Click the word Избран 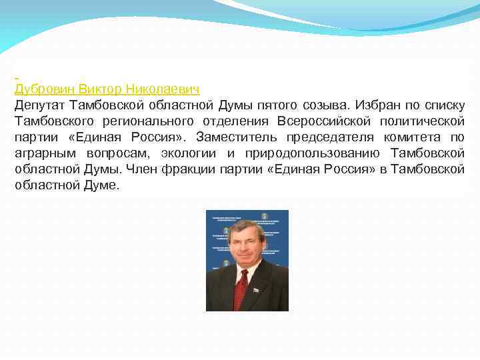(x=378, y=105)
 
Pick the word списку (x=443, y=105)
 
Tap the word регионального (x=149, y=121)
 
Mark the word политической (x=422, y=121)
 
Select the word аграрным (x=42, y=153)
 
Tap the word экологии (x=187, y=153)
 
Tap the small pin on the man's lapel (x=255, y=289)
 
